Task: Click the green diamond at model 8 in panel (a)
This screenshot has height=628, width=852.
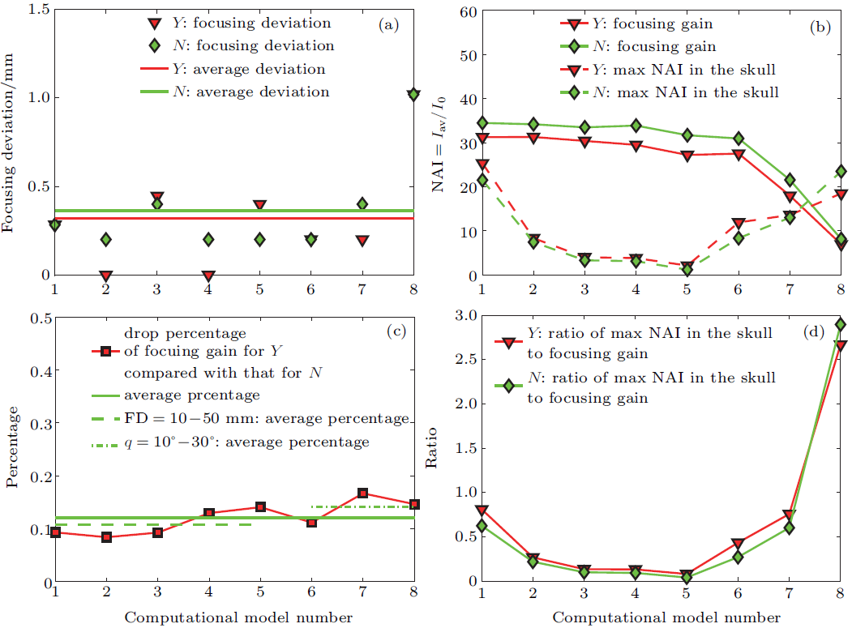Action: [x=413, y=95]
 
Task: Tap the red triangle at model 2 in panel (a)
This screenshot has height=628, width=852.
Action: [x=105, y=276]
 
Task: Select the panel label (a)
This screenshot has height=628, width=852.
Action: [x=390, y=24]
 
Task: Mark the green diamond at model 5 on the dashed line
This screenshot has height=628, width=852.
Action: [x=687, y=270]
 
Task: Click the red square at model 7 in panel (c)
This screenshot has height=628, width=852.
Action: [x=363, y=493]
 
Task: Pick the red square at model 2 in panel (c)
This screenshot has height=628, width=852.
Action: [x=105, y=537]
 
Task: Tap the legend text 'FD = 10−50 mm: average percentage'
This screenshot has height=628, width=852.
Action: [x=266, y=419]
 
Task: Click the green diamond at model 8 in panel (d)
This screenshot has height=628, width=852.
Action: [x=841, y=325]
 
